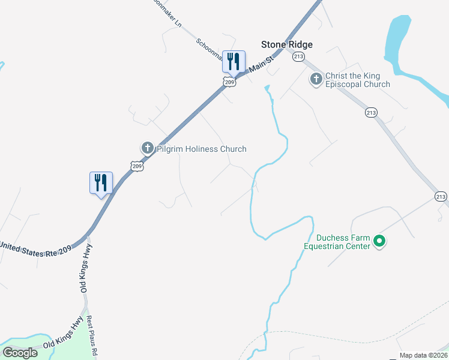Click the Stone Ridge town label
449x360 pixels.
click(x=287, y=44)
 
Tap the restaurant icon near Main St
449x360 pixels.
click(x=234, y=61)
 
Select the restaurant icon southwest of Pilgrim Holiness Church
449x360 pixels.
click(x=101, y=182)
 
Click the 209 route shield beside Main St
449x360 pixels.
click(x=228, y=82)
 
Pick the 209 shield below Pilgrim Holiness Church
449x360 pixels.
click(x=137, y=166)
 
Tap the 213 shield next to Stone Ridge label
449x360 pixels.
click(x=298, y=56)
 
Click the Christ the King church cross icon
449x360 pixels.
click(x=316, y=79)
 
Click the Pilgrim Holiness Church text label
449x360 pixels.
click(x=202, y=149)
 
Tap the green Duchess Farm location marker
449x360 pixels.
click(x=379, y=241)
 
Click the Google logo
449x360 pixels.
click(x=20, y=353)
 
